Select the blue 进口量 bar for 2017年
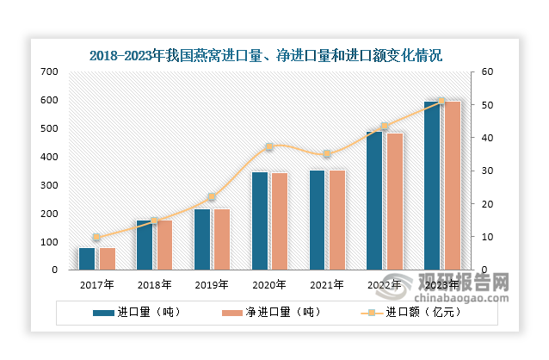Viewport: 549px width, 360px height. [86, 259]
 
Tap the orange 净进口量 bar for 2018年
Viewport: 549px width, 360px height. [163, 245]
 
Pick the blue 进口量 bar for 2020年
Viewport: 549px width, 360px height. [260, 221]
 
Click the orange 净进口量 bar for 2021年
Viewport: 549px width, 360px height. [336, 220]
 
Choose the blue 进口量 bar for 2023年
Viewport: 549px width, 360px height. [432, 186]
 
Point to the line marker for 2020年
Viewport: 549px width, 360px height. [268, 147]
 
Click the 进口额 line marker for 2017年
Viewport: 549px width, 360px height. [96, 237]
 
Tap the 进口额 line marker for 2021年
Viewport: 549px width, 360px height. [326, 154]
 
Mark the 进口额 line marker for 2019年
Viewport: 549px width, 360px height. [212, 197]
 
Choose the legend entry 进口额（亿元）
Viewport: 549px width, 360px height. [413, 313]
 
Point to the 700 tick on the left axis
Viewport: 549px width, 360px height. [50, 72]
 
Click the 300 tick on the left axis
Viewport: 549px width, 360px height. [50, 185]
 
